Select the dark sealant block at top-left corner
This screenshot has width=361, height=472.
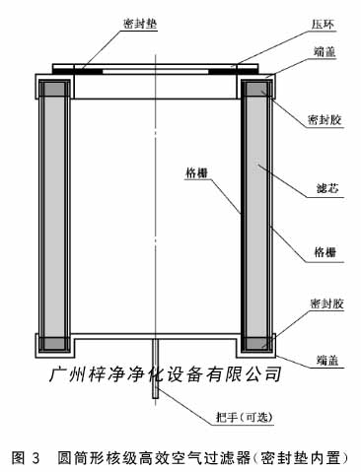point(50,89)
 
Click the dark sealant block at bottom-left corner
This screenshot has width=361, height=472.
point(50,345)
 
